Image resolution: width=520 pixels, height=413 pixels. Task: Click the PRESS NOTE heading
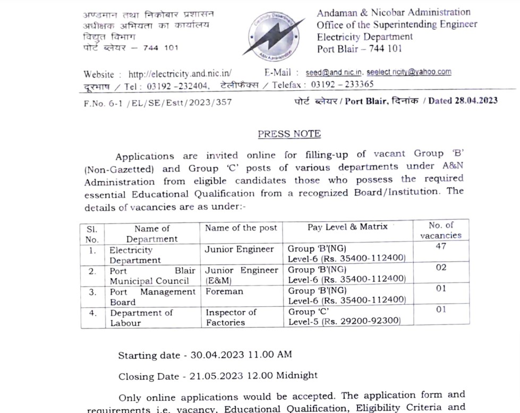point(289,134)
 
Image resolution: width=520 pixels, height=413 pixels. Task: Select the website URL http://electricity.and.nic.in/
point(180,74)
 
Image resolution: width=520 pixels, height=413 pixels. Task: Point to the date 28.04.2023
point(476,101)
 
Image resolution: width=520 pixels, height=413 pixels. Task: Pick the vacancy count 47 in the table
point(440,246)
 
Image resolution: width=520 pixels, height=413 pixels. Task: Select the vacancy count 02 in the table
point(441,268)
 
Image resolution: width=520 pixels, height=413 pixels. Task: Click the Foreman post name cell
point(224,291)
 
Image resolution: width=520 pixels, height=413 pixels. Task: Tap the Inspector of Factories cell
point(231,317)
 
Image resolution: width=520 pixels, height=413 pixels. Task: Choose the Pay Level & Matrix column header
point(347,227)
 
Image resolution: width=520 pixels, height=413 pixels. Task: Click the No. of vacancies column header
point(441,230)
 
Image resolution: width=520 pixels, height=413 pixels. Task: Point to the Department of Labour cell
point(141,317)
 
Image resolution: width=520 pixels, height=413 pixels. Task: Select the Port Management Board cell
point(152,297)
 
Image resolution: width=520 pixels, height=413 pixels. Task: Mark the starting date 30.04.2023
point(215,355)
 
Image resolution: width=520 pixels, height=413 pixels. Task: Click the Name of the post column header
point(241,228)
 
